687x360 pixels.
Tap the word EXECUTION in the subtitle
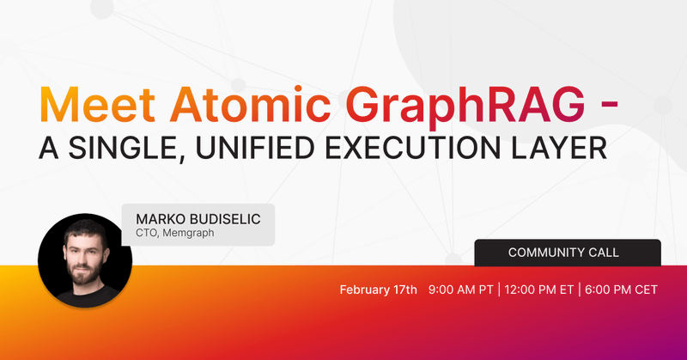coord(422,149)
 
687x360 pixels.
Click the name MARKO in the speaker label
coord(161,219)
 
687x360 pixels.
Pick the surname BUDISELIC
coord(227,219)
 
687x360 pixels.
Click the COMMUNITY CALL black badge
coord(567,253)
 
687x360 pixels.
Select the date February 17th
coord(378,290)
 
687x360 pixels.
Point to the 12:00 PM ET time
coord(541,290)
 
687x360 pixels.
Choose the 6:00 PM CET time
coord(621,290)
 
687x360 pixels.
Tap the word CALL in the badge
coord(606,253)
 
